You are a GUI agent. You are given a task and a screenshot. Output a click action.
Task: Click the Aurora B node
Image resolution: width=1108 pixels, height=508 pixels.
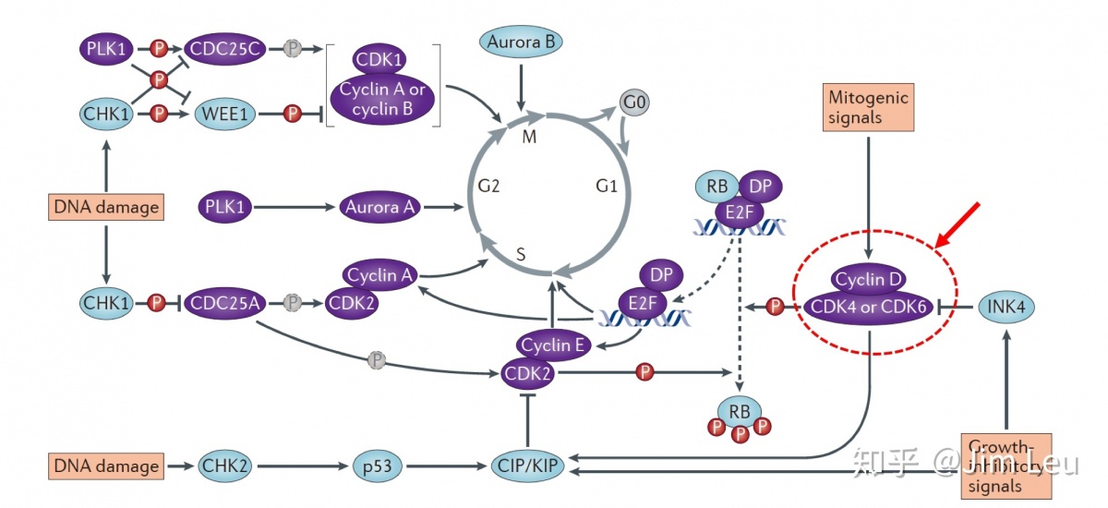tap(521, 42)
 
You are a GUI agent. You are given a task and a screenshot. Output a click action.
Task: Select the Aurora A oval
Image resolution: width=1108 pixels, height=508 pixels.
tap(379, 208)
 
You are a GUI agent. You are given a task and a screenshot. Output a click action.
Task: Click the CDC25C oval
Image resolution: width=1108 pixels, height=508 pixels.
tap(226, 48)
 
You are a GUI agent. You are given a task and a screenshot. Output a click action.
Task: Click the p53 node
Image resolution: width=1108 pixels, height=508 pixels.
tap(379, 466)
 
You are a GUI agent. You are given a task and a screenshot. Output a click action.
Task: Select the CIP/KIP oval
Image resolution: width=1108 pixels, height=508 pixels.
tap(527, 466)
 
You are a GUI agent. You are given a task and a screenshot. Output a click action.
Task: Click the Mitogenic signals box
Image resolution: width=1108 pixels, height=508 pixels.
tap(868, 105)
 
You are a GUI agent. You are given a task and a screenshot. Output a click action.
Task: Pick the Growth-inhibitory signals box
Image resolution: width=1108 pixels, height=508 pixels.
tap(1005, 465)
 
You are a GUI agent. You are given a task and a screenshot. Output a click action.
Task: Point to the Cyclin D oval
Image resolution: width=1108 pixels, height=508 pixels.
tap(869, 279)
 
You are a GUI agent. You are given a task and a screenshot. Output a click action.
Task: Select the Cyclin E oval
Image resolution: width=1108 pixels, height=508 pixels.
tap(552, 345)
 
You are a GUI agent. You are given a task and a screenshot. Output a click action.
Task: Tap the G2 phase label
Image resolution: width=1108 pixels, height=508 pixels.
tap(489, 187)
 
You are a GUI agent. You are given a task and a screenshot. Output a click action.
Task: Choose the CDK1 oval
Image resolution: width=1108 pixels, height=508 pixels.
tap(380, 62)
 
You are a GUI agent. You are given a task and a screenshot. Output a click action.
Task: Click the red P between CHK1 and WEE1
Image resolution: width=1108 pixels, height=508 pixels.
tap(159, 114)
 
